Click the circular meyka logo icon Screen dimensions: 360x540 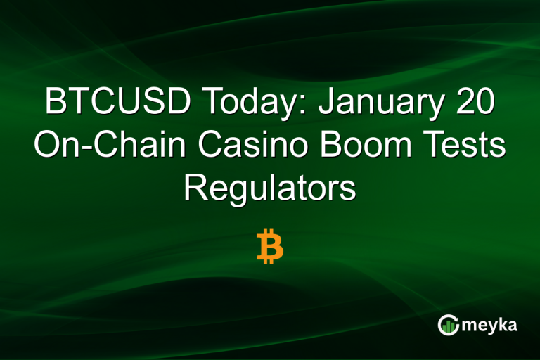449,325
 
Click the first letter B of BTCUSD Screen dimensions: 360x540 56,103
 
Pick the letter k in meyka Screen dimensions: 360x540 501,325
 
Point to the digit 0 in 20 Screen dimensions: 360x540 486,103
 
